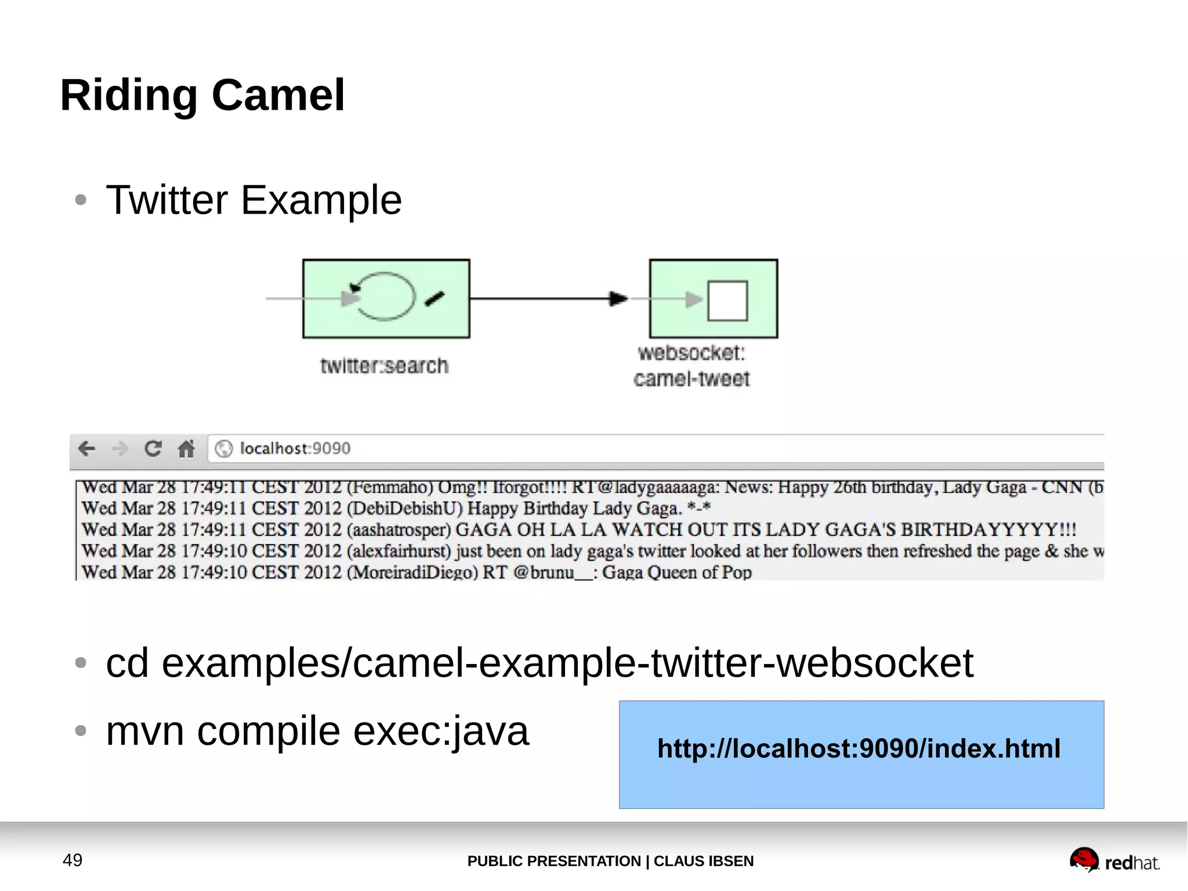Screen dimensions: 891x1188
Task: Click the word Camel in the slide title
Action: click(278, 95)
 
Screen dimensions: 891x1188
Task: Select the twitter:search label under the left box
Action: click(384, 366)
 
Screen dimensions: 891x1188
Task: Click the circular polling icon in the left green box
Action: click(385, 297)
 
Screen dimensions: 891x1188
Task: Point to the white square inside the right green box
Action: click(727, 300)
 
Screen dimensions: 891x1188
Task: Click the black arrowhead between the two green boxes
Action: click(618, 298)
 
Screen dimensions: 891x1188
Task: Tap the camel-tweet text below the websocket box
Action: click(691, 379)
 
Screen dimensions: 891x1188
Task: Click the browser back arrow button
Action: click(87, 448)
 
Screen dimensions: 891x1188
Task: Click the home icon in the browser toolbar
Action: click(186, 448)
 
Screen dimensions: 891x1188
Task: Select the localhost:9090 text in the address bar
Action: click(295, 448)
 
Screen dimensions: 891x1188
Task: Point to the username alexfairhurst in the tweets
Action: click(401, 551)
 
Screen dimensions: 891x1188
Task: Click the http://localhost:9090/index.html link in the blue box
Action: click(859, 749)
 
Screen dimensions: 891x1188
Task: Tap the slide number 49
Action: click(73, 860)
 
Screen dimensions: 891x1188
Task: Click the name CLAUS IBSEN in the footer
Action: click(703, 861)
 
